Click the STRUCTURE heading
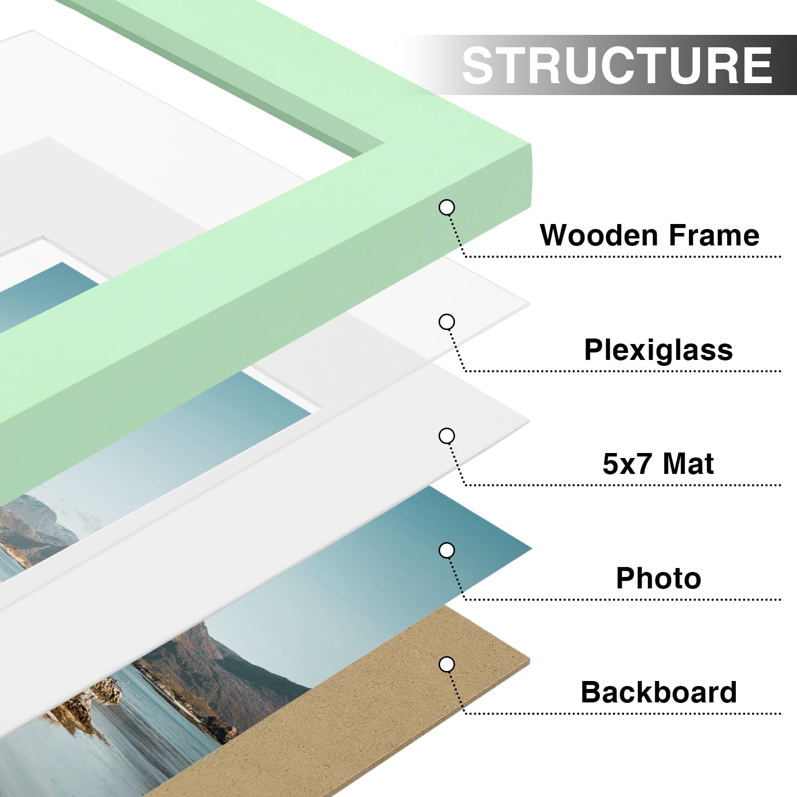click(x=617, y=65)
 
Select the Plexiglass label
click(x=658, y=350)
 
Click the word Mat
click(x=688, y=464)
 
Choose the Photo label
click(x=658, y=578)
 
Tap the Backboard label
click(x=658, y=692)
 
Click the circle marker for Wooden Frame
click(x=447, y=208)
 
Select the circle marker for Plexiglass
click(x=447, y=322)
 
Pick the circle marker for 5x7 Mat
click(x=447, y=436)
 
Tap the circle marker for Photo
click(x=447, y=550)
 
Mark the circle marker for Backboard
click(x=447, y=664)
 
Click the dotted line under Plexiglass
click(x=622, y=371)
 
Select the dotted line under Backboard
click(x=622, y=713)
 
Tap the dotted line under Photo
click(x=622, y=599)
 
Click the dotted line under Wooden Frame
click(x=622, y=257)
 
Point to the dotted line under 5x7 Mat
click(x=622, y=485)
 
